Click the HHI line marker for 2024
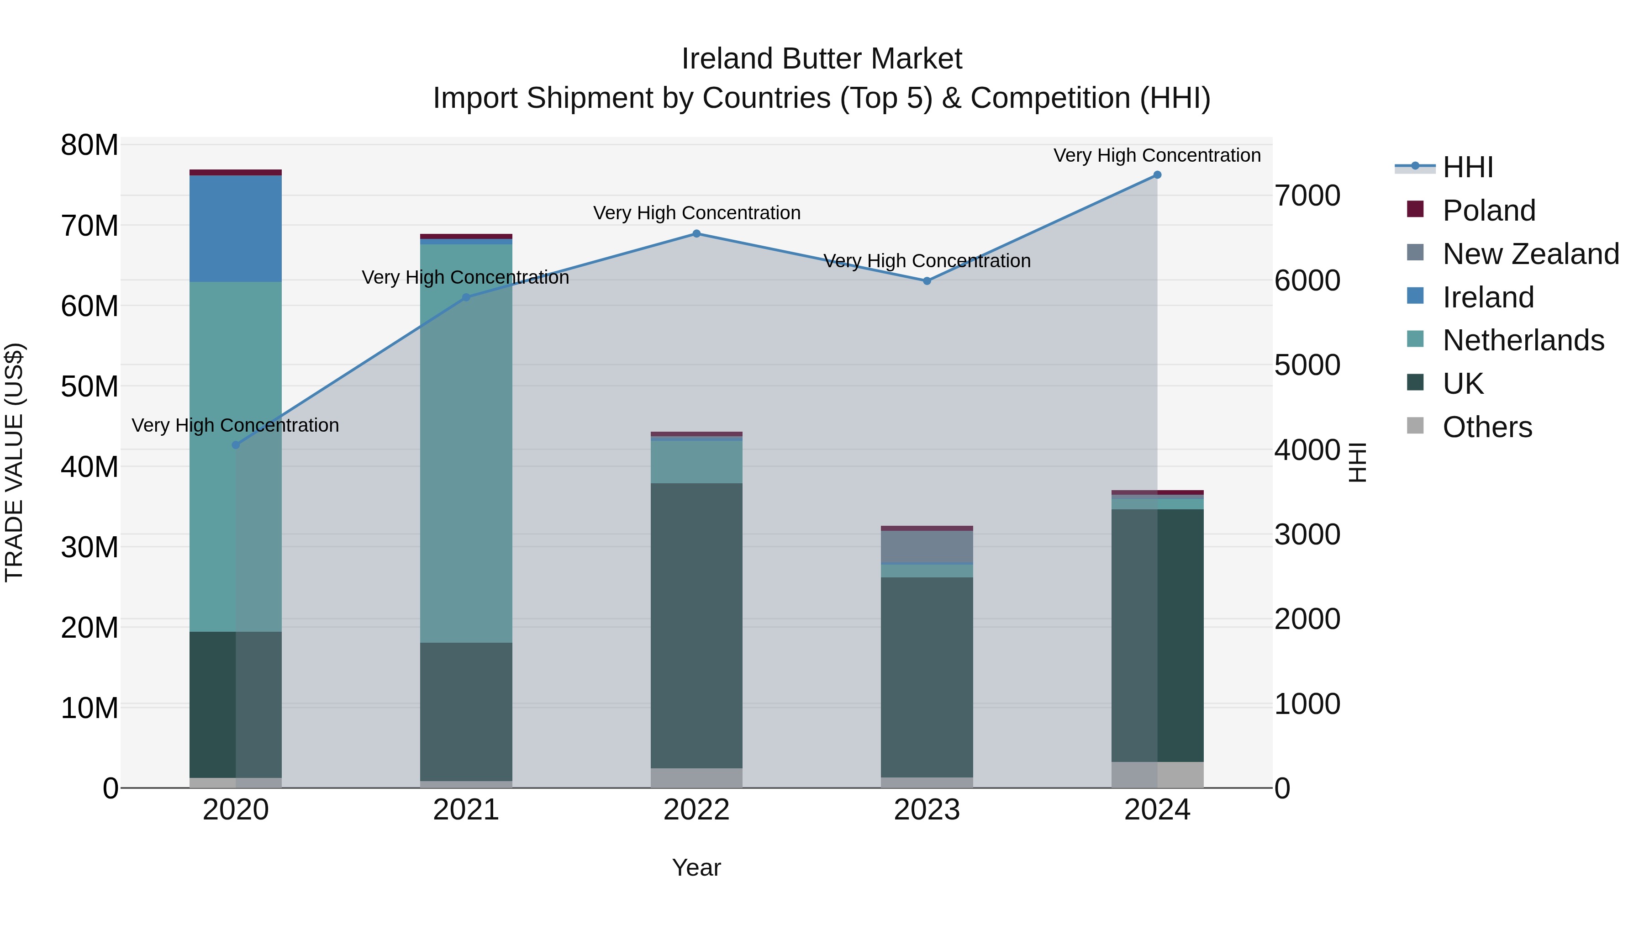(x=1157, y=175)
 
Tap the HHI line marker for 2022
(x=696, y=233)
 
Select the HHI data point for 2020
(x=236, y=445)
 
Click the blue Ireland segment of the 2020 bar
(x=236, y=228)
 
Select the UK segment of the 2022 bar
(x=696, y=626)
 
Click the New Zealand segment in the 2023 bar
(x=927, y=546)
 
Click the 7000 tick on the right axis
(x=1307, y=196)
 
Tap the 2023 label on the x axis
(x=927, y=810)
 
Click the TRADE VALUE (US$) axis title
(x=14, y=462)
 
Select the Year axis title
(x=696, y=867)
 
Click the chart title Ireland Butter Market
(x=822, y=59)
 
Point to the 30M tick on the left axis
(x=90, y=547)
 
